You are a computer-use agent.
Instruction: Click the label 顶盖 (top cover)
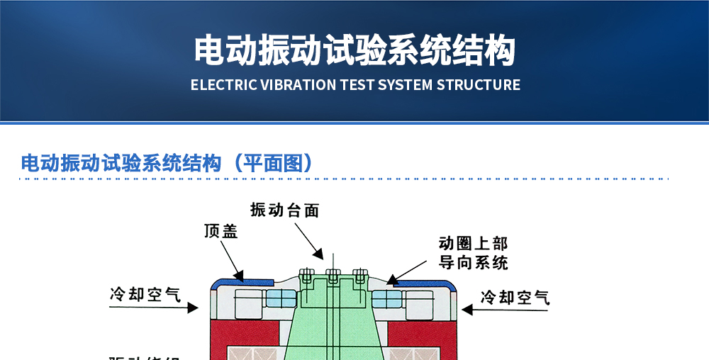220,232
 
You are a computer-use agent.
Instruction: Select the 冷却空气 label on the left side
145,294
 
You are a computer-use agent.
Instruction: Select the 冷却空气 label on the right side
515,297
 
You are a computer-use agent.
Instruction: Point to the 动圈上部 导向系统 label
473,254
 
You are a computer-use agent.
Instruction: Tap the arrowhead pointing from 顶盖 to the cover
240,277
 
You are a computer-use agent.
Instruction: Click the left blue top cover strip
241,282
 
